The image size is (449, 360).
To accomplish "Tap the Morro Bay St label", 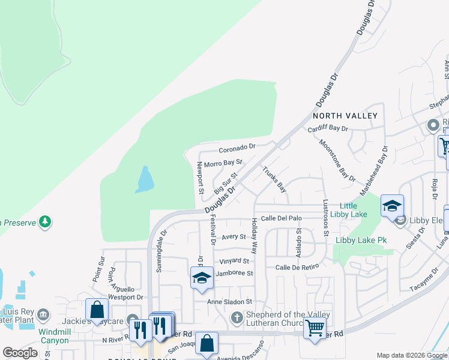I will [x=223, y=163].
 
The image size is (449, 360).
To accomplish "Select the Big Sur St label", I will [x=226, y=181].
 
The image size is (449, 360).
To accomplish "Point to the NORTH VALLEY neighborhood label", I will [x=345, y=115].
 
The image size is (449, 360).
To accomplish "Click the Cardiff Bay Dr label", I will [x=328, y=128].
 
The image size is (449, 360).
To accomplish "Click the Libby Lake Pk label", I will [x=361, y=241].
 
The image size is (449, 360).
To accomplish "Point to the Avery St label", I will [x=234, y=237].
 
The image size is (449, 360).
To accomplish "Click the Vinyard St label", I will [x=234, y=261].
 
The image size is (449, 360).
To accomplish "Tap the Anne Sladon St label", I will [x=228, y=302].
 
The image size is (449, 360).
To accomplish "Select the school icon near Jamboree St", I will [x=202, y=278].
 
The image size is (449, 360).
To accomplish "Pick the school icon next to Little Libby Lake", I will [x=392, y=206].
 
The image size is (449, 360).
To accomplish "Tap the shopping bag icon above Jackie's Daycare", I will [x=97, y=310].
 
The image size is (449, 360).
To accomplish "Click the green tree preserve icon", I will [x=45, y=223].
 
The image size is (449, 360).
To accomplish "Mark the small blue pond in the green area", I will [x=145, y=179].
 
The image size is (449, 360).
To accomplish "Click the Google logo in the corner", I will [x=20, y=353].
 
